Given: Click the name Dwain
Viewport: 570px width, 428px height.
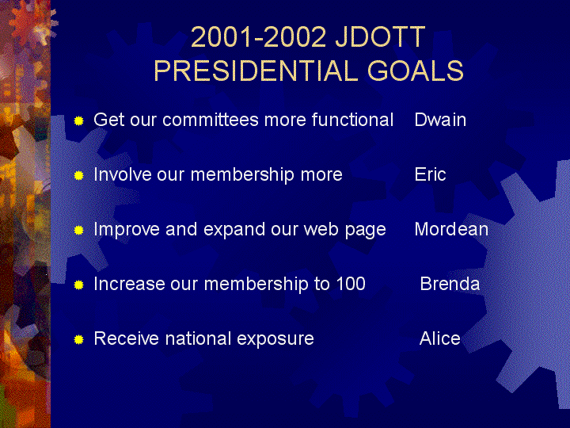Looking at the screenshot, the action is click(440, 120).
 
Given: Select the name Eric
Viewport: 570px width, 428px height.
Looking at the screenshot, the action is click(430, 174).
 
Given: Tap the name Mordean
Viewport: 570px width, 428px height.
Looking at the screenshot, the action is click(451, 229).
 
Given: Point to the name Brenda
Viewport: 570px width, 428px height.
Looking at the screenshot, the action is click(450, 284).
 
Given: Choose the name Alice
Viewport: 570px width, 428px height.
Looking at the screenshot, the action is click(440, 338).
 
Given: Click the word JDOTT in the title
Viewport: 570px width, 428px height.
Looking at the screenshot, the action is click(380, 36).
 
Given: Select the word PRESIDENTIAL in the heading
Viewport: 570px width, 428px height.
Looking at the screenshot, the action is click(256, 71).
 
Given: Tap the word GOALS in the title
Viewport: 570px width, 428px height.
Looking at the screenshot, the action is click(416, 71).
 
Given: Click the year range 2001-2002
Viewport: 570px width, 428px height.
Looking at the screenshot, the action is click(258, 36).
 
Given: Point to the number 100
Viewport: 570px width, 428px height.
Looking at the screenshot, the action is click(351, 284).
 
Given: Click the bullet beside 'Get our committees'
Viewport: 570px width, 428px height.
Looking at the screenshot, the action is click(79, 120).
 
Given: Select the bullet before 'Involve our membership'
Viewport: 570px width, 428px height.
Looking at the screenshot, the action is click(79, 176).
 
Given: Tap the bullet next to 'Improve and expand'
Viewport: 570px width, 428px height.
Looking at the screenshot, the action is click(79, 231).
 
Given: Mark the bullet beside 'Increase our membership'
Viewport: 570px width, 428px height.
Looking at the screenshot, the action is click(79, 285).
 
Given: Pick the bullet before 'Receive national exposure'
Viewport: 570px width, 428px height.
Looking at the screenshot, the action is click(79, 339).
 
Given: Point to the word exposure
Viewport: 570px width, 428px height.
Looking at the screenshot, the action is click(275, 339).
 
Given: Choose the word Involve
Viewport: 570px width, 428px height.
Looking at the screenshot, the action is click(123, 174).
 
